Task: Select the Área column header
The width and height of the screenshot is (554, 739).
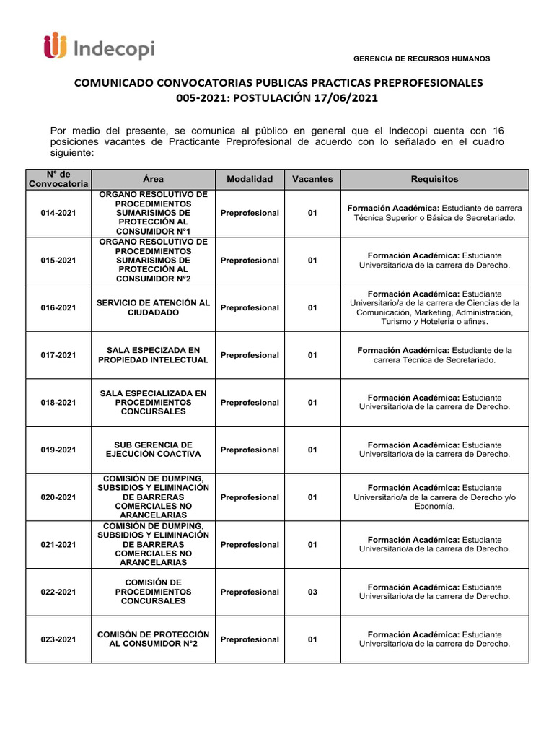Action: tap(153, 179)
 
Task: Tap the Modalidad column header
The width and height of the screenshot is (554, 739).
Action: tap(250, 179)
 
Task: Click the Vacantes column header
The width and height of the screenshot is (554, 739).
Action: tap(312, 179)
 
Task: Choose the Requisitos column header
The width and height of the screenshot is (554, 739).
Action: tap(434, 179)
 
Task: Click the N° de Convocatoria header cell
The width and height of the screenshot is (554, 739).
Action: tap(58, 179)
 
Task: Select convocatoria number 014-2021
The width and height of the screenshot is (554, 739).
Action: tap(58, 214)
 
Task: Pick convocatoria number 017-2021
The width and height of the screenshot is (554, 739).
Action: tap(58, 355)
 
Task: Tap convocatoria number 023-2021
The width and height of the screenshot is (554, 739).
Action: tap(58, 639)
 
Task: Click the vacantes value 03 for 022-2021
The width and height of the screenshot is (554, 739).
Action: tap(312, 592)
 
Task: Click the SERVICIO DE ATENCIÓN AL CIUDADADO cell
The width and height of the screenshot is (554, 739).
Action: tap(153, 308)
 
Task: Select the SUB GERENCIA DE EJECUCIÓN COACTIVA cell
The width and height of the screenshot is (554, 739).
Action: tap(153, 450)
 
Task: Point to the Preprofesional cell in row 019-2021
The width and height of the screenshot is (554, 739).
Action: tap(250, 450)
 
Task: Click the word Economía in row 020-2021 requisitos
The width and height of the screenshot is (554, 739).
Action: tap(434, 507)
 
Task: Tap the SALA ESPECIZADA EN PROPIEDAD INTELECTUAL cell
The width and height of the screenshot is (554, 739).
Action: tap(153, 355)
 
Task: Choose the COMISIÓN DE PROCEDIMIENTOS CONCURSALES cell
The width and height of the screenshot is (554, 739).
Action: tap(153, 592)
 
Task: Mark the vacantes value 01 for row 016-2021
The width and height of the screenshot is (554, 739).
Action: tap(312, 308)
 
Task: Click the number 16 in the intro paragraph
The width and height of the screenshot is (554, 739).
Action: tap(498, 130)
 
